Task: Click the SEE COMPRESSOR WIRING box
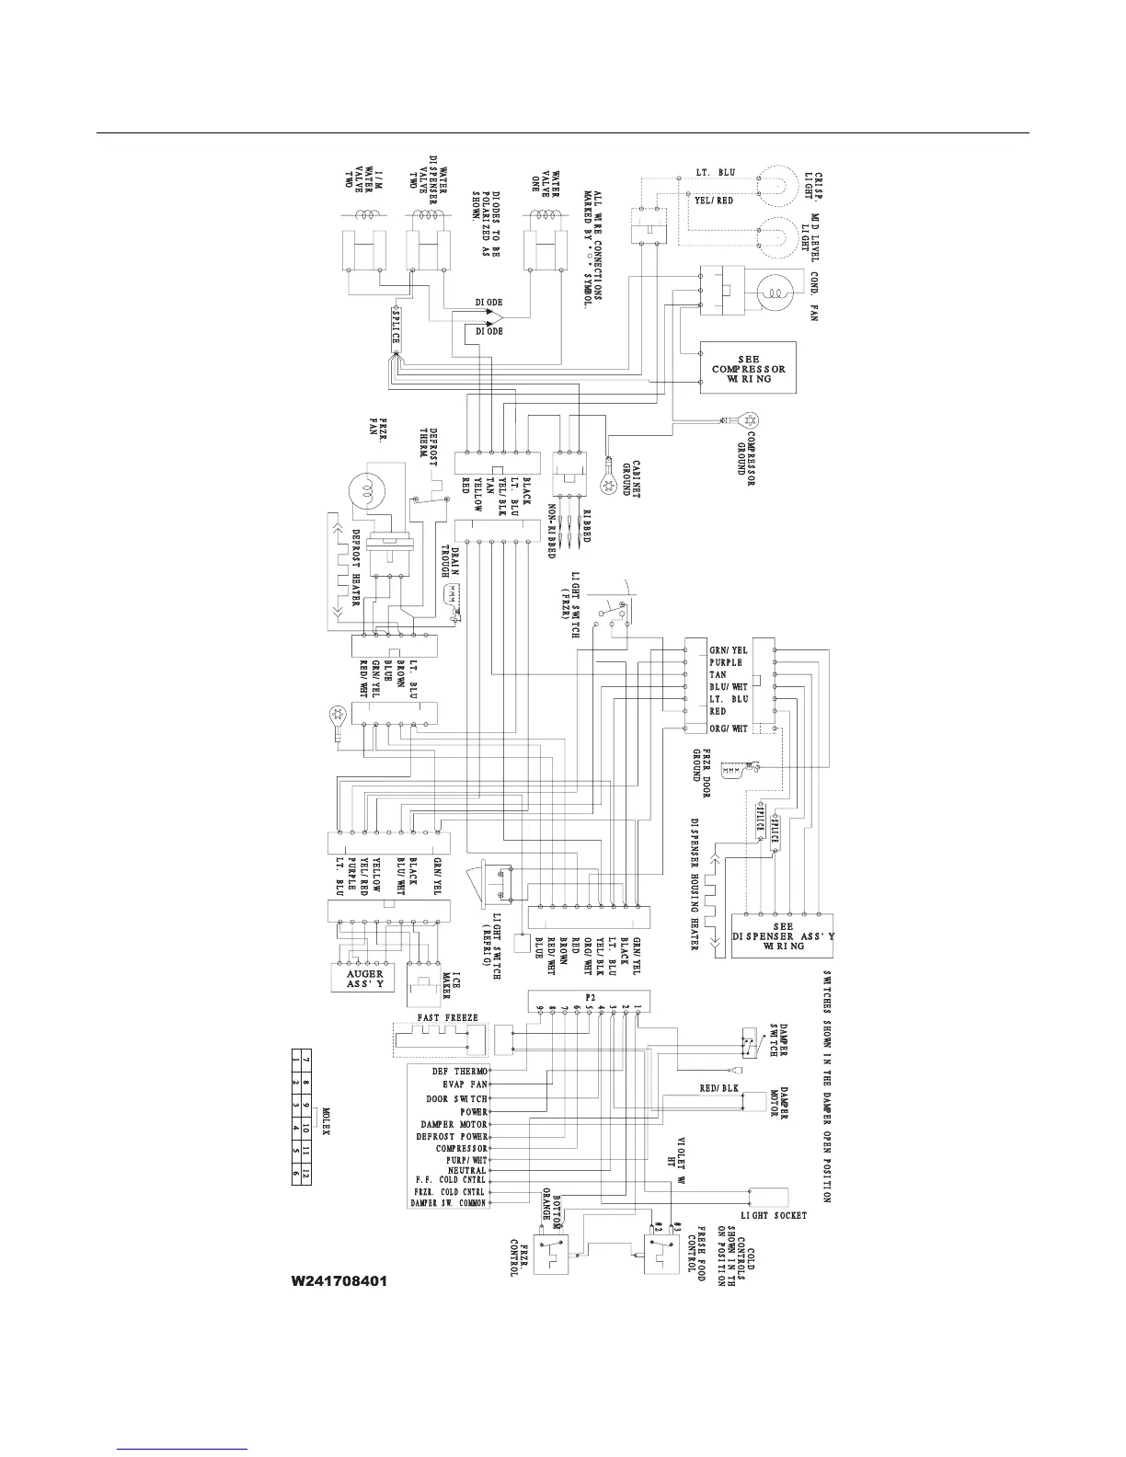pyautogui.click(x=748, y=368)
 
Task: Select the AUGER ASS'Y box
pyautogui.click(x=364, y=978)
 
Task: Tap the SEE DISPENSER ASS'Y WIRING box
pyautogui.click(x=783, y=936)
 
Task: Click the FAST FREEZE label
pyautogui.click(x=448, y=1017)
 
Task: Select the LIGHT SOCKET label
pyautogui.click(x=774, y=1215)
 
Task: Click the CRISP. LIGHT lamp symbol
pyautogui.click(x=778, y=185)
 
